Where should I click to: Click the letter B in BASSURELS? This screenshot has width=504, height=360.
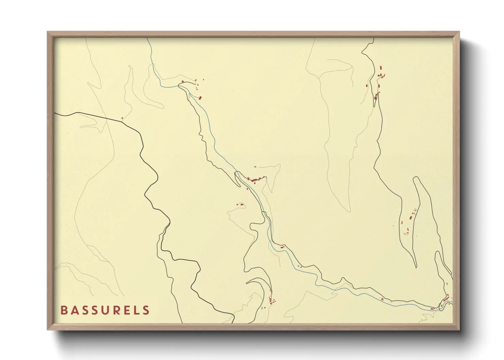[64, 310]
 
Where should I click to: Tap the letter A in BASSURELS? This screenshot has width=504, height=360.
[74, 310]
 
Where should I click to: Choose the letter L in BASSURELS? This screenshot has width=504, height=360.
[136, 310]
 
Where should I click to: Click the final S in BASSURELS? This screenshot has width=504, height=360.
[146, 310]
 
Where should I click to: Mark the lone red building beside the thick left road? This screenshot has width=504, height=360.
[122, 118]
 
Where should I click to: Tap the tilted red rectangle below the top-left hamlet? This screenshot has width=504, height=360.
[200, 98]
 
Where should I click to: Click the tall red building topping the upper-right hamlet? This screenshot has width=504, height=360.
[381, 68]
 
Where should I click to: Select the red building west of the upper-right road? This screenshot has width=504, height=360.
[367, 86]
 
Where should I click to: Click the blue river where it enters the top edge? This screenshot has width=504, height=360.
[147, 39]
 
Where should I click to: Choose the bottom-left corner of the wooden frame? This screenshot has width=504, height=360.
[48, 329]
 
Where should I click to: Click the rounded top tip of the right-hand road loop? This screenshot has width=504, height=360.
[415, 177]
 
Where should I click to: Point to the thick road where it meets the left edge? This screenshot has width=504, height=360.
[55, 112]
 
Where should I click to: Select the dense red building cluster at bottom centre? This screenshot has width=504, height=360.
[272, 300]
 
